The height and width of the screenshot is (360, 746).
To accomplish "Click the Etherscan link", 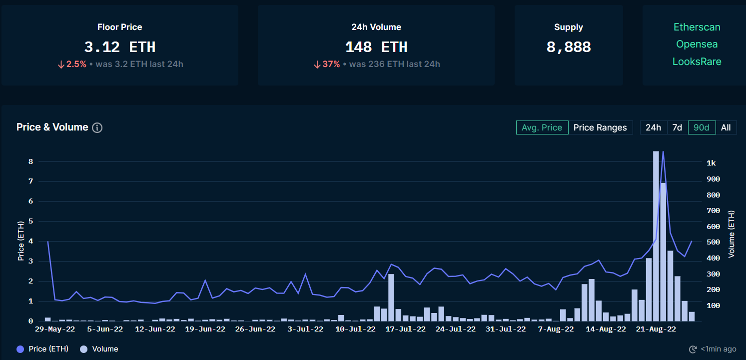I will tap(697, 27).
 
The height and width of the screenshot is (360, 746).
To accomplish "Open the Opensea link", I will tap(697, 44).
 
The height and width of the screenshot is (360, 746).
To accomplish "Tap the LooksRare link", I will tap(697, 61).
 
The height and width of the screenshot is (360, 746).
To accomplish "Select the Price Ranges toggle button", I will tap(600, 127).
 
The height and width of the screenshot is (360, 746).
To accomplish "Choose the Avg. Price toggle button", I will tap(542, 127).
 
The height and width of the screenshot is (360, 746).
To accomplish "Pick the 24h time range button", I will tap(653, 127).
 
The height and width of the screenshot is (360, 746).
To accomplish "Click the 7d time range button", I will tap(677, 127).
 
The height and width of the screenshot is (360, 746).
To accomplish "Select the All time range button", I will tap(726, 127).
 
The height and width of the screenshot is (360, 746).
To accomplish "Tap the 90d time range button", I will tap(702, 127).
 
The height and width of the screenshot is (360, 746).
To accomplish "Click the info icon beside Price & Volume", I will tap(97, 127).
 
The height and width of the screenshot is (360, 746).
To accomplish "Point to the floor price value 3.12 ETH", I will tap(120, 47).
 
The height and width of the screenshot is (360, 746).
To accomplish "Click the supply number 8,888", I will tap(569, 47).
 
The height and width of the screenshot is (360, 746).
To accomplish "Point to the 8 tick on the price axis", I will tap(30, 161).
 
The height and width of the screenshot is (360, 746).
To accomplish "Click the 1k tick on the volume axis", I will tap(711, 163).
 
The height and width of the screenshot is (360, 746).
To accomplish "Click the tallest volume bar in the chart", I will tap(656, 235).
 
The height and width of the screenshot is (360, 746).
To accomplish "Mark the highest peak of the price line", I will tap(663, 151).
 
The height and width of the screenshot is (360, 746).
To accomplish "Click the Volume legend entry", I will tap(99, 349).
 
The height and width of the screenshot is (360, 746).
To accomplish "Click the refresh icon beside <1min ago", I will tap(693, 349).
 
